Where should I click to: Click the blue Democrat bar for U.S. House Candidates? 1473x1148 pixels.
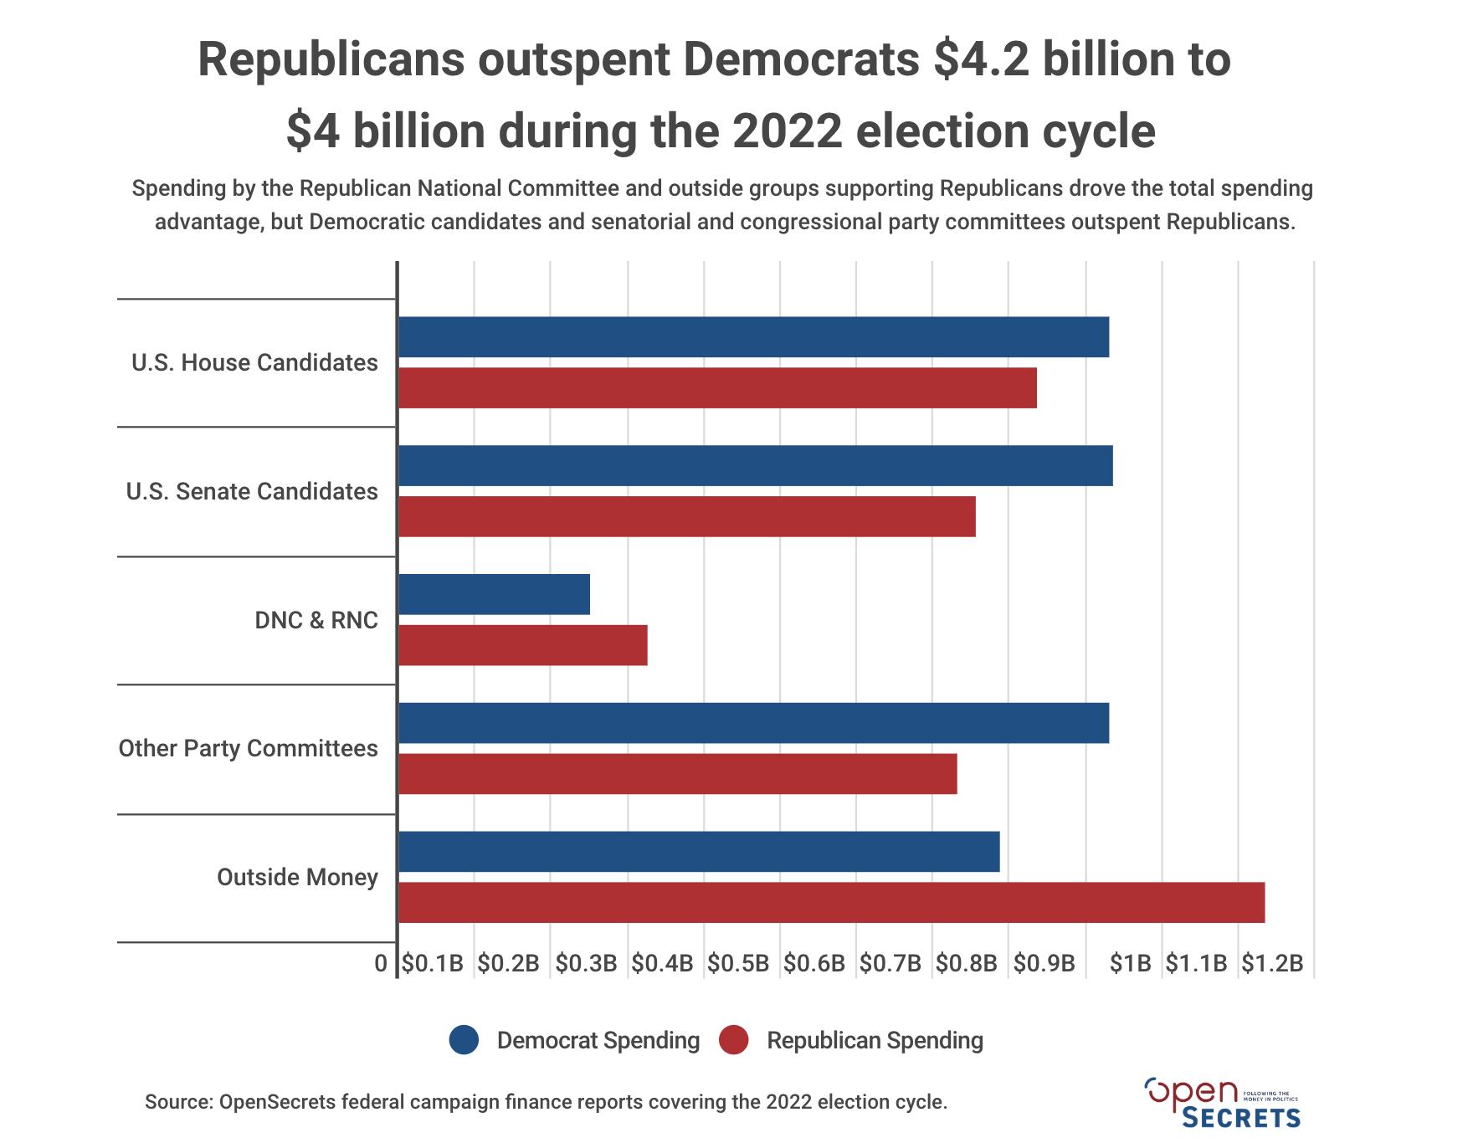tap(753, 337)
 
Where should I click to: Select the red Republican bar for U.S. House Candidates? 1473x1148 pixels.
tap(717, 388)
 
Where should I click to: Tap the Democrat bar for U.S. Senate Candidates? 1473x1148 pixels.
tap(755, 466)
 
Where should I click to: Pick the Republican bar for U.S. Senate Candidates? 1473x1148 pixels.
tap(686, 516)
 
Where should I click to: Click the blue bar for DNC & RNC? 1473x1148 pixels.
tap(494, 594)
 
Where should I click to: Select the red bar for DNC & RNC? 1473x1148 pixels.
tap(522, 645)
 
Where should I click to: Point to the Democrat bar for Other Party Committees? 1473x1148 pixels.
tap(753, 723)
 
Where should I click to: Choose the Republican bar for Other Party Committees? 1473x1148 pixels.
tap(677, 774)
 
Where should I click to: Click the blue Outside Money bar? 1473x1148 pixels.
tap(699, 852)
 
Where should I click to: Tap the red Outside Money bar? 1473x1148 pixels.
tap(831, 902)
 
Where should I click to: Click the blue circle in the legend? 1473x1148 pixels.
tap(464, 1040)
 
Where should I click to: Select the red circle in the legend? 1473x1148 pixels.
tap(733, 1040)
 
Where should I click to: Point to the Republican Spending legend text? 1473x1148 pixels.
tap(875, 1040)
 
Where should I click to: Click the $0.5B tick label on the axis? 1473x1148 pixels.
tap(738, 963)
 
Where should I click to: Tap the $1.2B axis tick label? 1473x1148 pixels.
tap(1272, 963)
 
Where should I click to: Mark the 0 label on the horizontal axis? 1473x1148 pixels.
tap(381, 963)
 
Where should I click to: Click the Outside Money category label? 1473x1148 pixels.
tap(297, 877)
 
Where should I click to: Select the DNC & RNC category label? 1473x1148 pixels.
tap(316, 620)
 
